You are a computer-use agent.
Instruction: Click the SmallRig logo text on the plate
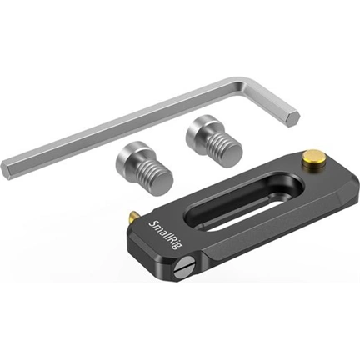pos(163,235)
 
